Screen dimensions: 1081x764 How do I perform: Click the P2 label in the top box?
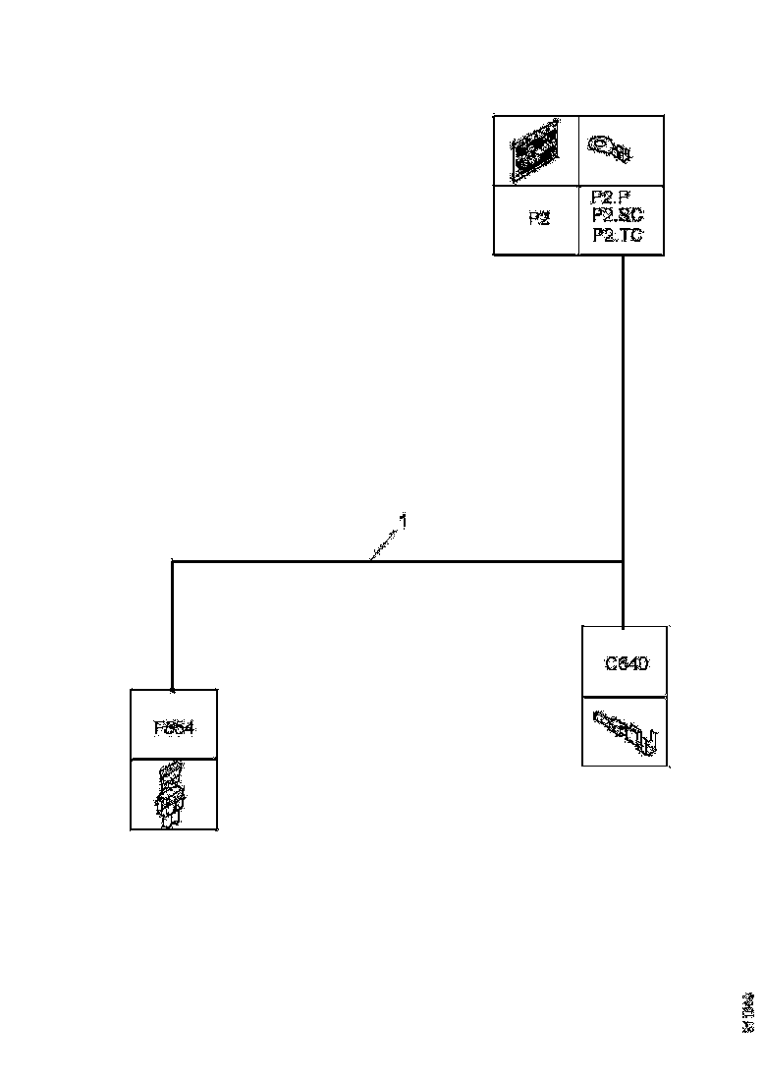538,219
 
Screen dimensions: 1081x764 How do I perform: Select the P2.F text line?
617,197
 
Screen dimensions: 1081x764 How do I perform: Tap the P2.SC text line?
618,214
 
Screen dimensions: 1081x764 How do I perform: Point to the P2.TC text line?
618,235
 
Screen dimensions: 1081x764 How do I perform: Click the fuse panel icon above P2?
536,151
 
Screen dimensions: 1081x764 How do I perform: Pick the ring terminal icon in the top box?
611,148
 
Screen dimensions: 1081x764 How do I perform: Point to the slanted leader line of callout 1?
384,543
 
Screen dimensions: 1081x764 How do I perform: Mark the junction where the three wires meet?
624,561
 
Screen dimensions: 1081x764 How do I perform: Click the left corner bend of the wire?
173,561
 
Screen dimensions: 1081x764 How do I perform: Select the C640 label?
626,663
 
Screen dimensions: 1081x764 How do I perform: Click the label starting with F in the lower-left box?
174,728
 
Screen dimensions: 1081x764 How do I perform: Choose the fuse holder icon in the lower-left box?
173,793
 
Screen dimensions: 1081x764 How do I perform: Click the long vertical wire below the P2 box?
624,403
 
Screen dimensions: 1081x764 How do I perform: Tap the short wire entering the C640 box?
624,595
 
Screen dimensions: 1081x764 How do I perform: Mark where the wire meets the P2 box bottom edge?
624,256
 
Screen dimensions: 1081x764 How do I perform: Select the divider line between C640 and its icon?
626,698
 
